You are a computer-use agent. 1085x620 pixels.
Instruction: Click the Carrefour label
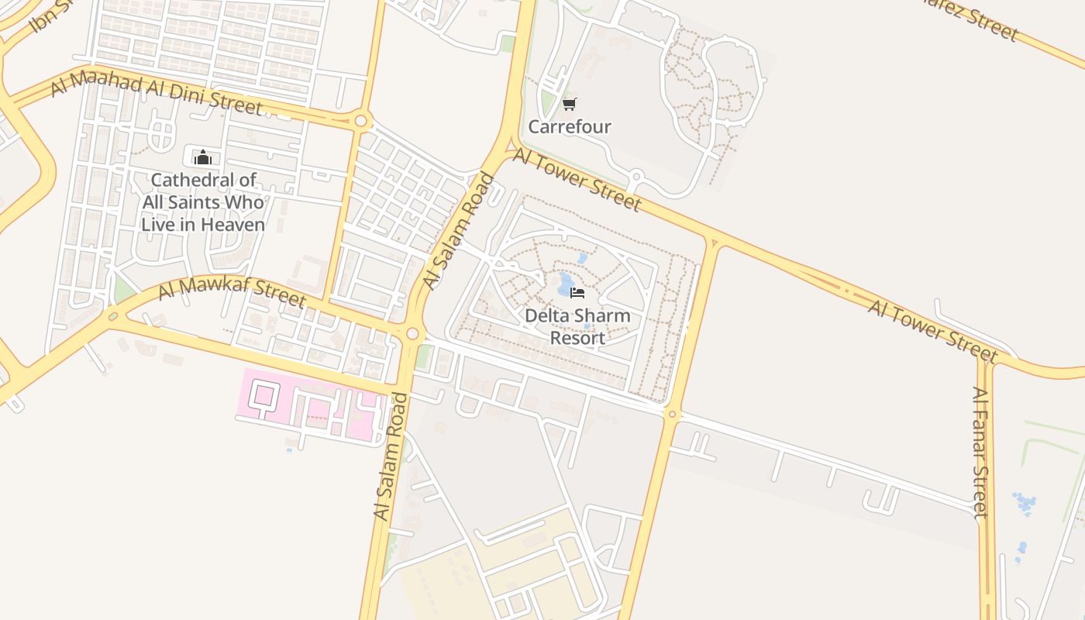570,126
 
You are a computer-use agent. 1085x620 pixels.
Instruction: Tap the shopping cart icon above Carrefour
570,104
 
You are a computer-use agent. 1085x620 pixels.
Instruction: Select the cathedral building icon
203,157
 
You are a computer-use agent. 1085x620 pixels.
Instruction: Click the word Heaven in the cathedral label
232,225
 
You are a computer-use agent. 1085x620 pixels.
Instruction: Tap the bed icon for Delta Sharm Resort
577,292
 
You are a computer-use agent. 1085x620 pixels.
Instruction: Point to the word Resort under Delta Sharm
577,338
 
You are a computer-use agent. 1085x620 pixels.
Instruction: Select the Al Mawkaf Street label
232,292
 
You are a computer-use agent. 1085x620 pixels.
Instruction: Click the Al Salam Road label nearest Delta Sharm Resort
459,232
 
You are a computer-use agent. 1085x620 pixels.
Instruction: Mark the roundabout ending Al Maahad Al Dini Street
360,121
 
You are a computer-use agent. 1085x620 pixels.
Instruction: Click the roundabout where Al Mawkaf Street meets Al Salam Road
412,334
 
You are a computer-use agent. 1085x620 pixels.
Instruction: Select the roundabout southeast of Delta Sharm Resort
672,415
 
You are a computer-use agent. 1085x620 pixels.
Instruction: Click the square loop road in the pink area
264,395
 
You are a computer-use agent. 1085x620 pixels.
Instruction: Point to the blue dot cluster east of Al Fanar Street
1025,503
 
